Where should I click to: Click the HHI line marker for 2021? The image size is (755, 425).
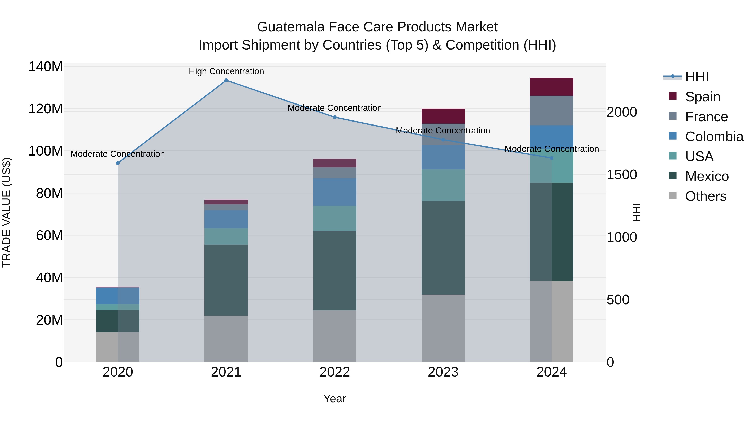[x=226, y=80]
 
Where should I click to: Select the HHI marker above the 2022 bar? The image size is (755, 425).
[x=335, y=117]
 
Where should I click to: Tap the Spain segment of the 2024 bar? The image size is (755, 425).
[x=551, y=87]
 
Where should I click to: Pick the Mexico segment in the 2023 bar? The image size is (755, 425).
[x=443, y=248]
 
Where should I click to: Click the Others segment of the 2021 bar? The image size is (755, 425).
[x=226, y=339]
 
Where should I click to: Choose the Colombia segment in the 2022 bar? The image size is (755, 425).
[x=335, y=192]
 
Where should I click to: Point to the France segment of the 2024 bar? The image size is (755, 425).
[x=551, y=111]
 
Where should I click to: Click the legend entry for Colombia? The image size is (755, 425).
[x=714, y=137]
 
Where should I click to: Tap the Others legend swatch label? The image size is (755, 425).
[x=706, y=196]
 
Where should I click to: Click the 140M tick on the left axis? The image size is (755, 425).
[x=46, y=67]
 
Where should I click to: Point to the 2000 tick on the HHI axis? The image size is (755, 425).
[x=621, y=112]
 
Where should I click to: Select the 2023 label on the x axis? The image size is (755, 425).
[x=443, y=372]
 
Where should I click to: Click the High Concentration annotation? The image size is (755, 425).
[x=226, y=71]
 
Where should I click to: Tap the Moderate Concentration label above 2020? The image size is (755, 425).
[x=117, y=154]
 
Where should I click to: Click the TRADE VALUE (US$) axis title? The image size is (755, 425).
[x=7, y=212]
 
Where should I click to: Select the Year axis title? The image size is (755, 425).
[x=335, y=399]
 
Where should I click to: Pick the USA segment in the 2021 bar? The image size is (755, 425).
[x=226, y=236]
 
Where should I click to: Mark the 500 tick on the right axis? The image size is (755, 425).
[x=618, y=300]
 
